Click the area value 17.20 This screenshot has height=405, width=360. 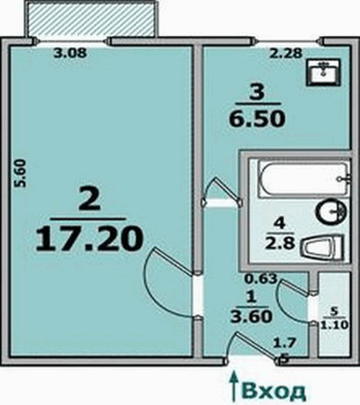89,238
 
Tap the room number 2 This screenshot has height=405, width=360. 89,198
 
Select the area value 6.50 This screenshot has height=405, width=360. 256,119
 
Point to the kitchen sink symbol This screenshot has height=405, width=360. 324,73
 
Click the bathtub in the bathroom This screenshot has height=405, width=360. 304,179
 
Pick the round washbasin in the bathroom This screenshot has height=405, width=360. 331,211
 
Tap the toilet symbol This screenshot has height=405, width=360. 322,248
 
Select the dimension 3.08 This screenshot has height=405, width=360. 70,53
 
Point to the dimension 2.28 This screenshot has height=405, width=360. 285,54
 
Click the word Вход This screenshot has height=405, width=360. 274,391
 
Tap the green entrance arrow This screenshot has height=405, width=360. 233,386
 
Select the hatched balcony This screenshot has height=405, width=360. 91,19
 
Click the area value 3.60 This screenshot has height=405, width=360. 251,317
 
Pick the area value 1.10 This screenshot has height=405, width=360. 335,325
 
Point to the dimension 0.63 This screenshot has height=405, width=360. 260,279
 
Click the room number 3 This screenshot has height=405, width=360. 257,93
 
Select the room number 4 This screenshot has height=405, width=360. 282,224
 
